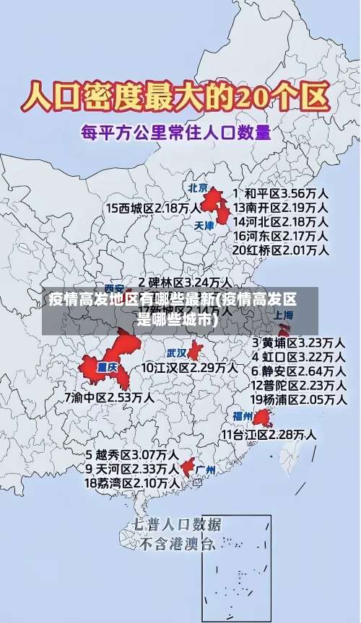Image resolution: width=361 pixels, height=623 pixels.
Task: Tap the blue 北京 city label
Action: point(198,189)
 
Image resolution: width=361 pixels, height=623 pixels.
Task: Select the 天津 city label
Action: point(205,226)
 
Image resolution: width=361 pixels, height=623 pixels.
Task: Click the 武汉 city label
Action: point(176,353)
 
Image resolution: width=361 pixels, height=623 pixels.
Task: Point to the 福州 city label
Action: point(242,416)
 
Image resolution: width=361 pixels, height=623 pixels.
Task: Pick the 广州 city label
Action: point(206,470)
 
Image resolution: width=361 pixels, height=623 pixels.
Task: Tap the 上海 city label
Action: point(283,315)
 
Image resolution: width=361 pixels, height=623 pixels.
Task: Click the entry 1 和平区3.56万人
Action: point(281,194)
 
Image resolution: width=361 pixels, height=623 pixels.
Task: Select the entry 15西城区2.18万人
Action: point(153,208)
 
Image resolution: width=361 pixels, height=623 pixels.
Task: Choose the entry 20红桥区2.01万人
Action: point(281,250)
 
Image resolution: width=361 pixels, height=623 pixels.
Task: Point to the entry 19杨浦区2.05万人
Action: point(297,399)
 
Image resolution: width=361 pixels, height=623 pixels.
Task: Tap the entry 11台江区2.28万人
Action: point(269,434)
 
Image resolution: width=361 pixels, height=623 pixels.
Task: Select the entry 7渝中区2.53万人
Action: point(109,397)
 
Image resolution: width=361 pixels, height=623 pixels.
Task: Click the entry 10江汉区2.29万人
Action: point(189,368)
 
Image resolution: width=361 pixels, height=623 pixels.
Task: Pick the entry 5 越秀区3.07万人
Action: point(132,455)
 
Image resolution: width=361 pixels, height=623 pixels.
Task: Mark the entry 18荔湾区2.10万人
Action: point(132,482)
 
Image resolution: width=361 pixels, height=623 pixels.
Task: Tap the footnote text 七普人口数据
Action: point(176,524)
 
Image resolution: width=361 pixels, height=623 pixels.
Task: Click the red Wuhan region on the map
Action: point(195,351)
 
